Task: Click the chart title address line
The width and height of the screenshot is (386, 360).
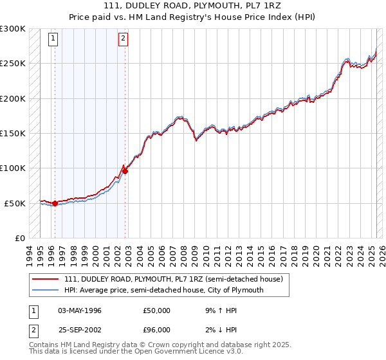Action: [193, 5]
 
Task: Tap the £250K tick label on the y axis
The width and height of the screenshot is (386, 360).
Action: [13, 64]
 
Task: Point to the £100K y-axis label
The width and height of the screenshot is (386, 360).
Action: [13, 168]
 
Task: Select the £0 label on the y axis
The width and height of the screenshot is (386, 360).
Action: [20, 238]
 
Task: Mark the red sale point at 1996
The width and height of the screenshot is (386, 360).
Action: [55, 203]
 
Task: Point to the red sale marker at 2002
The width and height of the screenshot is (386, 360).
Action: [125, 170]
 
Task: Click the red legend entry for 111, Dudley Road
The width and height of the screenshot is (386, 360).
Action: [173, 280]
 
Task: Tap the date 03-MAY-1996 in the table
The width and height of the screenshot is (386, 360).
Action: [80, 310]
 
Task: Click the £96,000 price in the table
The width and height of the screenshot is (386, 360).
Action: [157, 330]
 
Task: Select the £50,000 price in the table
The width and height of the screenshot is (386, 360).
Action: [157, 310]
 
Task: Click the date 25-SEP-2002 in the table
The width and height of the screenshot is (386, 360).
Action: [80, 330]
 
